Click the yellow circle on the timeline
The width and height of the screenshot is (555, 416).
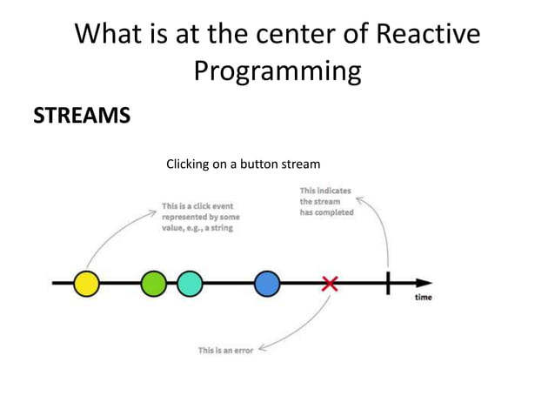point(85,284)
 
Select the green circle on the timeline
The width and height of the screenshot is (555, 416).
point(153,284)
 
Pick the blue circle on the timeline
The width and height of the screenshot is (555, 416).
point(267,284)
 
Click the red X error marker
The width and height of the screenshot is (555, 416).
point(330,284)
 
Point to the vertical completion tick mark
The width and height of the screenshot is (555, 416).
point(388,284)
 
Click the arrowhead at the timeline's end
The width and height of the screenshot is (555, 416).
point(424,284)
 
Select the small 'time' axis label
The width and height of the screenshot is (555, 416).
point(422,298)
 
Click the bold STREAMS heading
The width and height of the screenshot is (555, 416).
point(82,115)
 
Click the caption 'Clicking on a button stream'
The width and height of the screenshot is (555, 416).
point(244,164)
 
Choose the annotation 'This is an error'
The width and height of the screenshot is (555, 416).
point(225,350)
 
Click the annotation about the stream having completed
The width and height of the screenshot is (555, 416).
point(326,201)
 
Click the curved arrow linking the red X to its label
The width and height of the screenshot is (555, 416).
point(304,335)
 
